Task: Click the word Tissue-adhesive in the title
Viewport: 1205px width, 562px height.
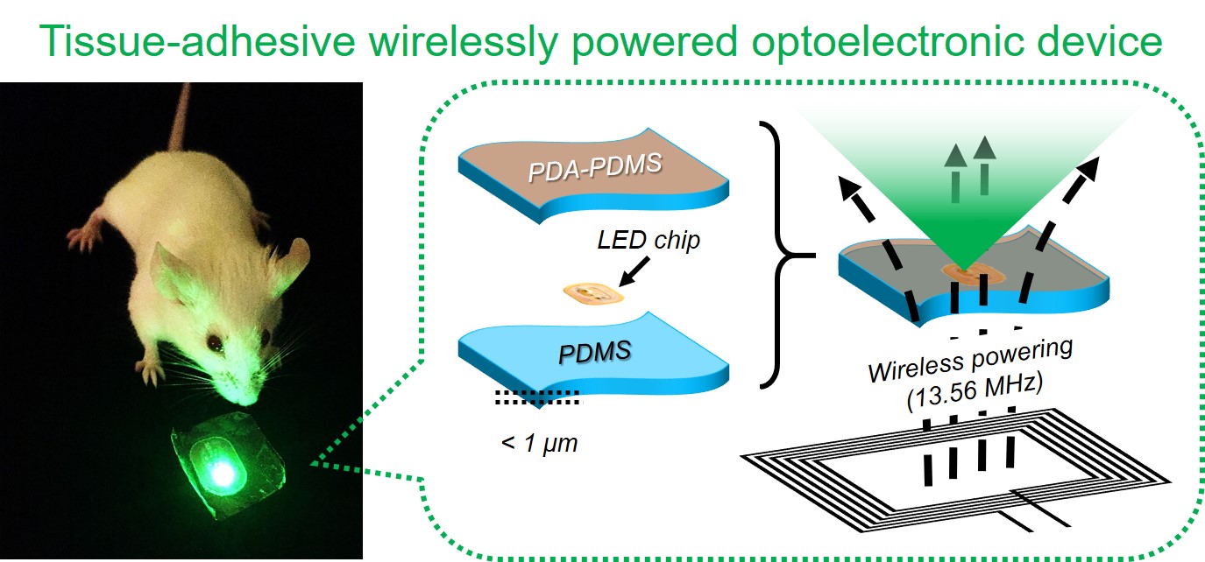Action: click(198, 41)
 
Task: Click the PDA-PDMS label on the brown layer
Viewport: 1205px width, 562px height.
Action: click(594, 167)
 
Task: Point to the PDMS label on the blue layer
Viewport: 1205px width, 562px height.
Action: click(594, 353)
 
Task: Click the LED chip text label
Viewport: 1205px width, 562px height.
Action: click(649, 240)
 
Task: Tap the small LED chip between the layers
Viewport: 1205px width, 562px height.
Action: click(592, 293)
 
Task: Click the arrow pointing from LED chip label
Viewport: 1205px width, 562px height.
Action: click(634, 271)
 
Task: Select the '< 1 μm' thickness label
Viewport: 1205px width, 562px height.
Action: click(539, 444)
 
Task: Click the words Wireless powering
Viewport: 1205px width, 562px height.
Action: click(970, 361)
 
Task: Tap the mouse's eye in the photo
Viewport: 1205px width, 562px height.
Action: click(215, 341)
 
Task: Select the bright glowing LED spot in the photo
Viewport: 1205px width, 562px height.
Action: click(222, 473)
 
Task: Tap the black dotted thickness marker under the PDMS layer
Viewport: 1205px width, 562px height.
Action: click(538, 397)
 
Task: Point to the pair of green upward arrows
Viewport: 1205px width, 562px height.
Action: click(970, 169)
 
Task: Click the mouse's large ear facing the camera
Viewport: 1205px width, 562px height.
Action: click(171, 275)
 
